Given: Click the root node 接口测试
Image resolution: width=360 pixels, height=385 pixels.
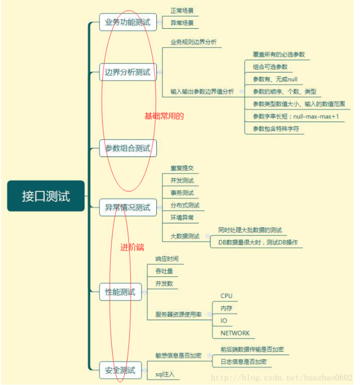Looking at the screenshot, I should (x=46, y=196).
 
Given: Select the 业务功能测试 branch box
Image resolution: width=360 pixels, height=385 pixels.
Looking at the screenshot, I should (x=128, y=22).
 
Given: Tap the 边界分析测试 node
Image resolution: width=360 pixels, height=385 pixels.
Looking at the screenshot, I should (x=128, y=72).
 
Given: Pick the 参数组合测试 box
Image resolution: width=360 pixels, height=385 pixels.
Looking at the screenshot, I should (x=128, y=148).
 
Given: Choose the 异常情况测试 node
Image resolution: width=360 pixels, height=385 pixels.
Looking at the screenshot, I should (x=128, y=207).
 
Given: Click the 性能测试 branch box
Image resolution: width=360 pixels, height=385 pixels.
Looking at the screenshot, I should (x=120, y=292).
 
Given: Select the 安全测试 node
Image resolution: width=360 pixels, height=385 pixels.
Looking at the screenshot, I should (x=120, y=370).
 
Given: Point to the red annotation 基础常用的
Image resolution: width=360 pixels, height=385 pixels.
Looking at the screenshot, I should (x=164, y=116).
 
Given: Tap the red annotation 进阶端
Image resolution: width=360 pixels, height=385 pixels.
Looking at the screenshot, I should (x=132, y=247).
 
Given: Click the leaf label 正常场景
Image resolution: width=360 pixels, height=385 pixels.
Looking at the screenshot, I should (x=182, y=10).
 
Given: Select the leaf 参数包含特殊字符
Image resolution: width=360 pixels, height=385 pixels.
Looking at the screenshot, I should (x=276, y=129).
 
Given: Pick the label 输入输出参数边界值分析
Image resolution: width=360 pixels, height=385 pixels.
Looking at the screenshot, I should (x=202, y=92).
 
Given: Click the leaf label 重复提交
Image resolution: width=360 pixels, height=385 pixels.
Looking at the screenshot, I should (x=182, y=168).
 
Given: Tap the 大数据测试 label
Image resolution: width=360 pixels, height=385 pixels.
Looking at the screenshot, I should (x=185, y=236).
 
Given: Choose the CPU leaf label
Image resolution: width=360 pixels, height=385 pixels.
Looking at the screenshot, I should (x=226, y=296).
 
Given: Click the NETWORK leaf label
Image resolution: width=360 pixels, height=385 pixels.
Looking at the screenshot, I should (x=235, y=333).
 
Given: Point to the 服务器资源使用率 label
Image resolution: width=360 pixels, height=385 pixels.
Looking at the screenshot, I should (x=178, y=314).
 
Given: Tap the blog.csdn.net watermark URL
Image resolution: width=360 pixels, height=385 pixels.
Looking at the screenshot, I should (x=282, y=377).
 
